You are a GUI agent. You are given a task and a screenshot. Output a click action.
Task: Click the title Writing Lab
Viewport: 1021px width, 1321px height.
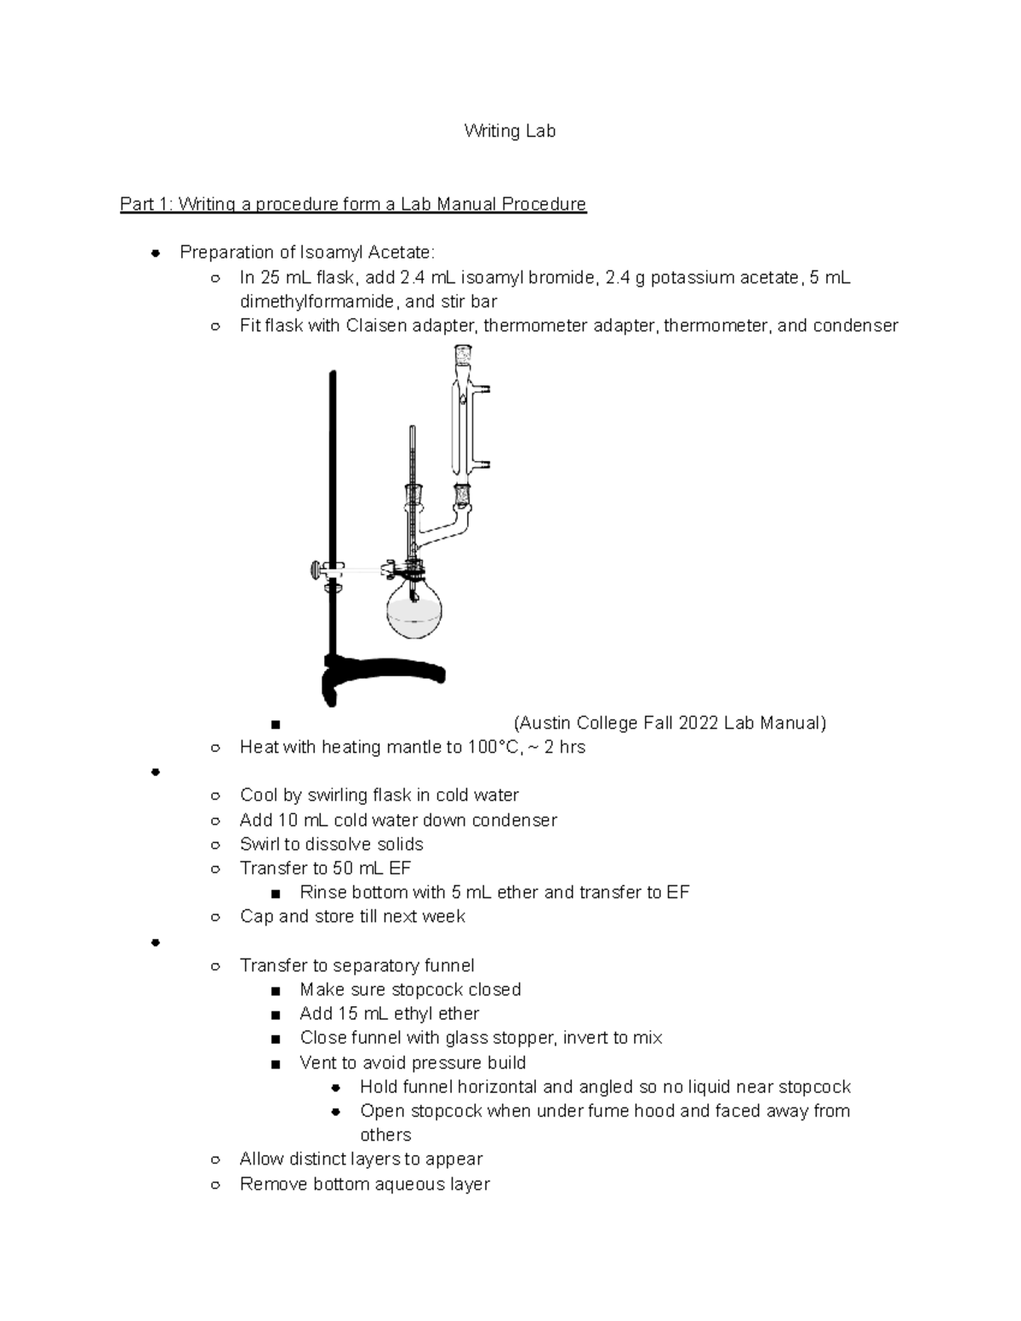[509, 131]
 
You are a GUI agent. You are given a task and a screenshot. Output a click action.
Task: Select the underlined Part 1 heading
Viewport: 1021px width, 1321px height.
[353, 204]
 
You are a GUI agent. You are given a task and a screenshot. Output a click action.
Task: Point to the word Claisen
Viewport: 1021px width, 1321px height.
[377, 326]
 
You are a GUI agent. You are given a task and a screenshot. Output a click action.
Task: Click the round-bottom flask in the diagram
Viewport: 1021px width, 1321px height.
[415, 610]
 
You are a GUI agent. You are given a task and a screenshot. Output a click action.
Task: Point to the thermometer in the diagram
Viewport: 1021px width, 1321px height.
[413, 485]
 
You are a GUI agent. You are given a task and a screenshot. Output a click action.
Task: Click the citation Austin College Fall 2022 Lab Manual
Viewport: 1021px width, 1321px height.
[670, 723]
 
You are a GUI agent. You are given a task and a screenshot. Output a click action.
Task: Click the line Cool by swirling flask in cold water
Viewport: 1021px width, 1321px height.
[379, 795]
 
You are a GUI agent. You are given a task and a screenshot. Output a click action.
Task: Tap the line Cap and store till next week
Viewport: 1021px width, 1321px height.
[352, 917]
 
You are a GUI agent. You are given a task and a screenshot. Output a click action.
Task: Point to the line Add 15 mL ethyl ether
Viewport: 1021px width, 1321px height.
[389, 1014]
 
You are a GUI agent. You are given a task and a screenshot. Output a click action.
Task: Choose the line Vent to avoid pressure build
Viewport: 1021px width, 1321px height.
[413, 1062]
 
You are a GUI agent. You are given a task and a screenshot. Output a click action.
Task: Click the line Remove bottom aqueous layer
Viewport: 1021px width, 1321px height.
[364, 1184]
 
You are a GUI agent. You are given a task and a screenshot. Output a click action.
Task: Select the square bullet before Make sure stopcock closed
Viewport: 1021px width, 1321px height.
[274, 991]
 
